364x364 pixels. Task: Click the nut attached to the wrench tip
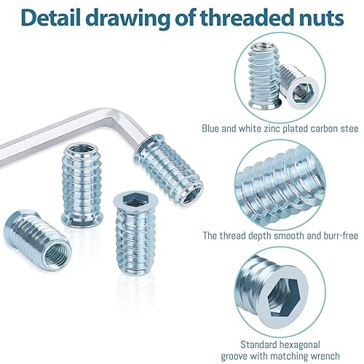(x=169, y=168)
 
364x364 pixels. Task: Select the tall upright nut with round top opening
(x=82, y=184)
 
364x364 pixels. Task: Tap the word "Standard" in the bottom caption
(x=258, y=344)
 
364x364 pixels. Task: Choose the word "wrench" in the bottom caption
(x=324, y=356)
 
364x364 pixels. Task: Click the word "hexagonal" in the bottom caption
(x=300, y=345)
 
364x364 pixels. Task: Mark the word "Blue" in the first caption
(x=211, y=128)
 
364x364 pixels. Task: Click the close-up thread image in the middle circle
(x=280, y=185)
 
